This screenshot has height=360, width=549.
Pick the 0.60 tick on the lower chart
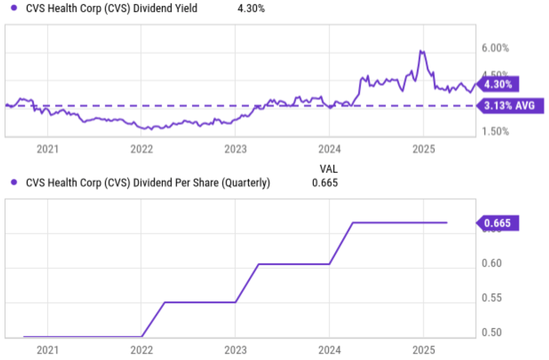(x=492, y=263)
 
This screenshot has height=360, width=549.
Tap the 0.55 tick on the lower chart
(x=492, y=298)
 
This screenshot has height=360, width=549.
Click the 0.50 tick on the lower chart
(x=492, y=333)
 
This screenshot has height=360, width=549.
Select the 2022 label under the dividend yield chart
(x=141, y=150)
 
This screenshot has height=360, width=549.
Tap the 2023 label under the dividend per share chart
(x=235, y=351)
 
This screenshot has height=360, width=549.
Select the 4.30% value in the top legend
(x=251, y=8)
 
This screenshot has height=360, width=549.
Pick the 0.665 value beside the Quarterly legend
(x=325, y=183)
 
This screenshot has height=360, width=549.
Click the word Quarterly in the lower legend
(x=247, y=183)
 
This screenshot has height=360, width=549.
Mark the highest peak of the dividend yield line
(x=421, y=51)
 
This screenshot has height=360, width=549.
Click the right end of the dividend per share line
(x=447, y=222)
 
